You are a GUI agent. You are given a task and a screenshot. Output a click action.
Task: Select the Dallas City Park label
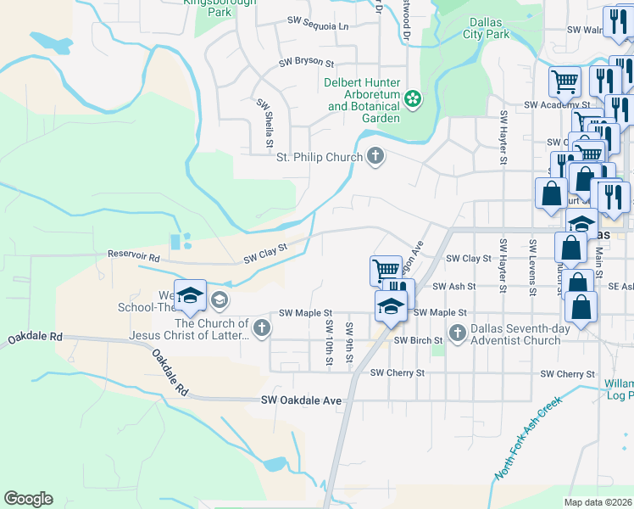click(487, 28)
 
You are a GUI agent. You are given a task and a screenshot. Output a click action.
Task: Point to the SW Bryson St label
click(307, 64)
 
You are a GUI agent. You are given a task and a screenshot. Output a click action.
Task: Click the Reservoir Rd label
click(134, 255)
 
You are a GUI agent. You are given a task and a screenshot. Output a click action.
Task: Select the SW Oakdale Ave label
click(301, 400)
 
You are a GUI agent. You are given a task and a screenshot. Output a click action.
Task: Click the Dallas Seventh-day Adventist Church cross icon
click(458, 332)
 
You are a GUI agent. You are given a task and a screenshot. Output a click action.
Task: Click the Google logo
click(28, 499)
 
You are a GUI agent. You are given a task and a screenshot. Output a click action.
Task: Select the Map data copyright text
click(598, 502)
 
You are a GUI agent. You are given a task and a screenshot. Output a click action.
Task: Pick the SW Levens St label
click(533, 267)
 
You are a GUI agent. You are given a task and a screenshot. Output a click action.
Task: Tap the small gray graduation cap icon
click(220, 299)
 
